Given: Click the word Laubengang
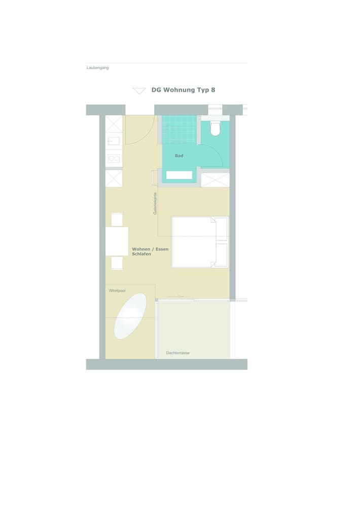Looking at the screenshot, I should (x=97, y=67).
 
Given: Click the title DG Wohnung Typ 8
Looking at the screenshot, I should (x=183, y=90).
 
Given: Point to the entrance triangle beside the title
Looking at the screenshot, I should (x=139, y=91).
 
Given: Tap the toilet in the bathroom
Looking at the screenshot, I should (x=215, y=129).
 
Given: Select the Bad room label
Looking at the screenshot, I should (x=179, y=156).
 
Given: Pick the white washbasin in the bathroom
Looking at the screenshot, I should (x=179, y=175).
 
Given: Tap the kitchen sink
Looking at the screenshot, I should (x=114, y=141).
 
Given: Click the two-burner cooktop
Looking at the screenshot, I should (x=114, y=158).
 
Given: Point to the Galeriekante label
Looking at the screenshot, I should (x=155, y=203).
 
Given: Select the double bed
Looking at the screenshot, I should (x=199, y=242).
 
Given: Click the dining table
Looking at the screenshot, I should (x=117, y=241).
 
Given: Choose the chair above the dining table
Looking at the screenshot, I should (x=117, y=220).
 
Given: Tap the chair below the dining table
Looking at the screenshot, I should (x=117, y=263).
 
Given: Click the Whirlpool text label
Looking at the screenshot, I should (x=117, y=291).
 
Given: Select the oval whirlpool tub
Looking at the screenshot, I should (x=130, y=316).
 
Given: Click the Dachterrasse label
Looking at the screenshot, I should (x=177, y=353).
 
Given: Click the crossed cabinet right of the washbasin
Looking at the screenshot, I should (x=215, y=179).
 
